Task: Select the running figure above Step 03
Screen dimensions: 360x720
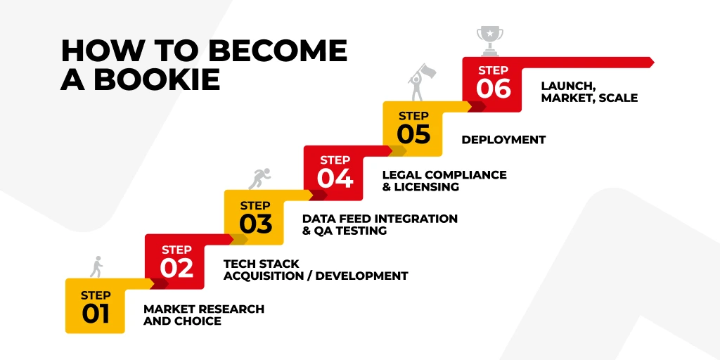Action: [259, 179]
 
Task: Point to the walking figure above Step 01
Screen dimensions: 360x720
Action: [96, 266]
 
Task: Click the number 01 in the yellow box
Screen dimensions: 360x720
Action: [96, 314]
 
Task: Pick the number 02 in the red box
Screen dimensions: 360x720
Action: [176, 268]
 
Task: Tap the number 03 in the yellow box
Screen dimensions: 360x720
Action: [255, 224]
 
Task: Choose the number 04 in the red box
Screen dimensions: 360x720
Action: [335, 179]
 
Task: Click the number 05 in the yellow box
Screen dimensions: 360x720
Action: [413, 134]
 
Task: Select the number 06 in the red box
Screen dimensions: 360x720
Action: [493, 89]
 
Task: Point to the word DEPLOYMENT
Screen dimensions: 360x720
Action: [503, 140]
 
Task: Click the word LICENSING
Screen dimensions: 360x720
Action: [426, 187]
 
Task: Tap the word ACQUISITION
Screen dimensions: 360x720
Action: [264, 276]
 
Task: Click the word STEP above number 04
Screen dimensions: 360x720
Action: [335, 160]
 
